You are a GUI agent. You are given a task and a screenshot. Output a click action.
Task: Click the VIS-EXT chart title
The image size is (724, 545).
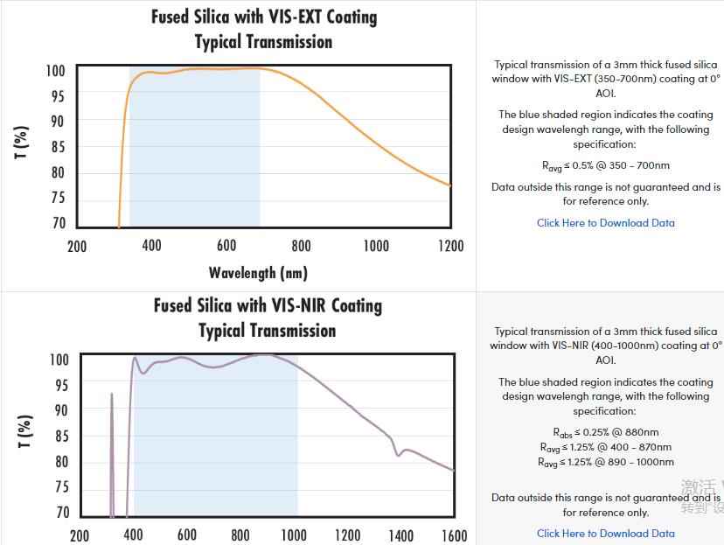264,29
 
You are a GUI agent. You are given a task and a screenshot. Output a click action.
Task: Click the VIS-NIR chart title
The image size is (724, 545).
268,318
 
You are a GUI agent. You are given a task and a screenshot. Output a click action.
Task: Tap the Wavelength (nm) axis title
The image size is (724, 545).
258,273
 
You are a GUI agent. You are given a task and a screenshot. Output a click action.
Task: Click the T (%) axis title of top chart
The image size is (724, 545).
22,143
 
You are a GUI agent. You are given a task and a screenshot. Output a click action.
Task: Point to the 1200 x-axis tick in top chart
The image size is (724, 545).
450,246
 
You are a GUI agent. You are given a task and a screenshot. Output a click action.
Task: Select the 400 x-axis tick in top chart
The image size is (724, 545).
151,246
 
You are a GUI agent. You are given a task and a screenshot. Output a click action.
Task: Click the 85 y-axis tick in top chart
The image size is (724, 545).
58,147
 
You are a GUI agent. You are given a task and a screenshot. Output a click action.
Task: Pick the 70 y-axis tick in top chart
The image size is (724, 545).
58,223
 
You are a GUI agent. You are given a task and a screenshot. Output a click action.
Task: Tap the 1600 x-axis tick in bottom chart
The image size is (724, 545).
454,535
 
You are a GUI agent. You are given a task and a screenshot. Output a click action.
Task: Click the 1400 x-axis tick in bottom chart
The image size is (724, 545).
400,535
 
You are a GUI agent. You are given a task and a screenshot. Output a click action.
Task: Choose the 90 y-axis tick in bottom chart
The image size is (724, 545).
59,410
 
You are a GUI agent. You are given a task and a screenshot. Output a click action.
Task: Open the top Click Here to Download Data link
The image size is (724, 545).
606,223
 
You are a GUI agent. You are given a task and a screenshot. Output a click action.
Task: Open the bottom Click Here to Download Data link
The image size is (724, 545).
606,534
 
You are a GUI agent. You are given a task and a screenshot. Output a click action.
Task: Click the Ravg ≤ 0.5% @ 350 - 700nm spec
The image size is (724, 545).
606,165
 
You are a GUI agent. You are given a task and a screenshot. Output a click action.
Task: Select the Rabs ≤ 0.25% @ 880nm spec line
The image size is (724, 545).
606,432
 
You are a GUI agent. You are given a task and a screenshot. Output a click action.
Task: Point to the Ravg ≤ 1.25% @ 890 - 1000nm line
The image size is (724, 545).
606,462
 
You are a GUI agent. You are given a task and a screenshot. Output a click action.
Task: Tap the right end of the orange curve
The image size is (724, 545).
450,185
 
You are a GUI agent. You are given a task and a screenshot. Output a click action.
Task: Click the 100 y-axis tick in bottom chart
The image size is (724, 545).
59,360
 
